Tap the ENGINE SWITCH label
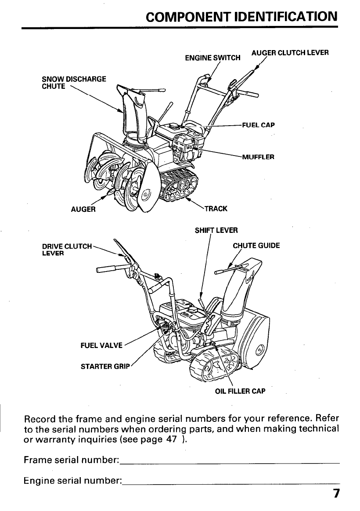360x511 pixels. pyautogui.click(x=213, y=58)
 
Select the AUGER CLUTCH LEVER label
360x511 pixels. pyautogui.click(x=290, y=52)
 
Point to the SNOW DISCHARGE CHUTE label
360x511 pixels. pyautogui.click(x=73, y=83)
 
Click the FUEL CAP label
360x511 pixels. pyautogui.click(x=258, y=125)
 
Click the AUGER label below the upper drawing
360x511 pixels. pyautogui.click(x=83, y=209)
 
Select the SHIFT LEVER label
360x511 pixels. pyautogui.click(x=216, y=230)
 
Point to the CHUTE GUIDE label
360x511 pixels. pyautogui.click(x=256, y=246)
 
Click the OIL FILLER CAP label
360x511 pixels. pyautogui.click(x=240, y=391)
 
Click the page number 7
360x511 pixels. pyautogui.click(x=336, y=493)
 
